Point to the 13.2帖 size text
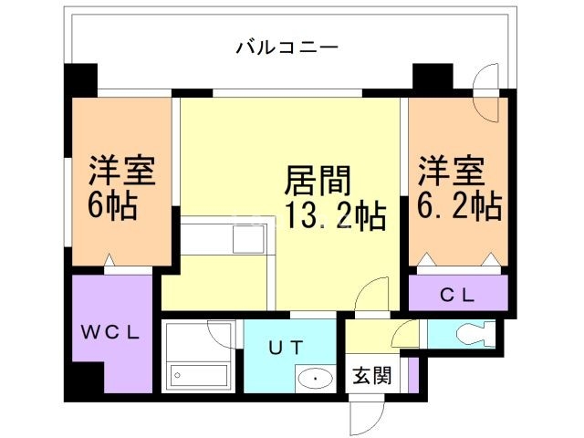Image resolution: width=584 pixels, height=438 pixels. tap(335, 217)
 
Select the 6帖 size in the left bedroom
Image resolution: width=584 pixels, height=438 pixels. tap(112, 206)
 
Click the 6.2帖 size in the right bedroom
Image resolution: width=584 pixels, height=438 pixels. tap(460, 206)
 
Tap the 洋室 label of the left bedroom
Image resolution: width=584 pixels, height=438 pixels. tap(121, 171)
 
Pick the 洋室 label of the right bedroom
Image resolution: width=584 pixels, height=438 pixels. tap(451, 171)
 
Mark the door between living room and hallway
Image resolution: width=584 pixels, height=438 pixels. tap(374, 296)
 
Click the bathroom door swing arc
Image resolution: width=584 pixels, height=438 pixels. tap(224, 332)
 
